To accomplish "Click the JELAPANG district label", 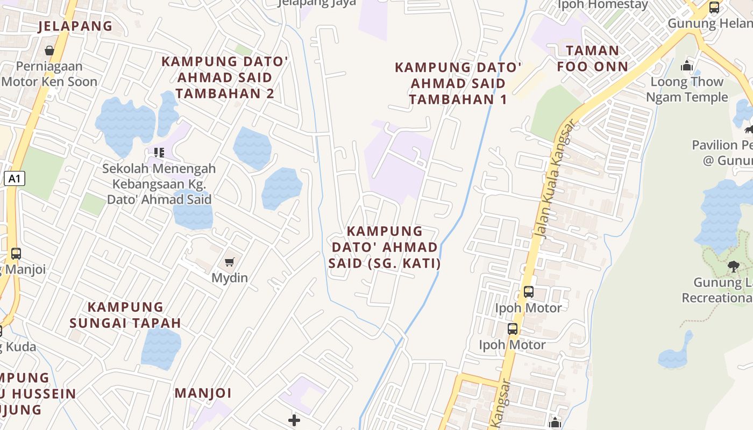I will point(75,26).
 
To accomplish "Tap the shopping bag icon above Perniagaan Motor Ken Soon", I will point(49,51).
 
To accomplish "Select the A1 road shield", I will point(15,178).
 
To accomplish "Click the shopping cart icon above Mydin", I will point(230,262).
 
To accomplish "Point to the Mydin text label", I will point(230,278).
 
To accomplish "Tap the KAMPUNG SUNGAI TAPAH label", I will point(125,315).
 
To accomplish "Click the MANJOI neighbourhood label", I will point(203,393).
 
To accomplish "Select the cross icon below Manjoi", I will point(294,420).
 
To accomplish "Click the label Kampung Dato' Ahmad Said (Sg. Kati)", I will point(385,247).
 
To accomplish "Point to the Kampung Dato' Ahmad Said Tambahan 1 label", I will point(458,83).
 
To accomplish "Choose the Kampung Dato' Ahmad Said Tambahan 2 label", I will point(225,77).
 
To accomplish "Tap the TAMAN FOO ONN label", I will point(592,59).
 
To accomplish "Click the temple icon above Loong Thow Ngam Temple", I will point(686,66).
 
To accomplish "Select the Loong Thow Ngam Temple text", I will point(687,89).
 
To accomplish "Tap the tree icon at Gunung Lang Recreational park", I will point(733,266).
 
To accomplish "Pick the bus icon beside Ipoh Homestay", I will point(714,8).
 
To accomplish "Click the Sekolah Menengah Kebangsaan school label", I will point(159,184).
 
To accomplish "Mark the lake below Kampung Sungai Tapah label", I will point(161,347).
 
